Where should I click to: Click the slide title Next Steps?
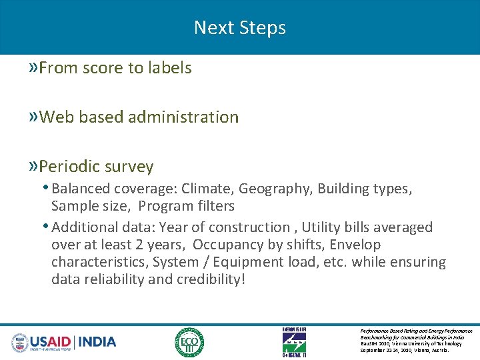click(240, 27)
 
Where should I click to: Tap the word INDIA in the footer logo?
click(97, 342)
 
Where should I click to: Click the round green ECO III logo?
click(189, 343)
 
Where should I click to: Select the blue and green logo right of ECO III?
click(294, 343)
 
